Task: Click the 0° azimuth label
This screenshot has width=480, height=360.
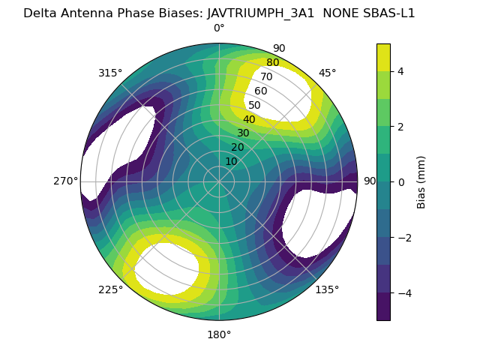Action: coord(219,28)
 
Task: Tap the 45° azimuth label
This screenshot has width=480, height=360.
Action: coord(327,73)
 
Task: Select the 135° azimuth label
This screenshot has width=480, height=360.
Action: coord(327,289)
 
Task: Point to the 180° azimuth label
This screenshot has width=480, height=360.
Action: coord(219,334)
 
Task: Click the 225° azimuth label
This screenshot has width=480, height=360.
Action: coord(110,290)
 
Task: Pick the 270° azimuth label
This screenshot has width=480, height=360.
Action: coord(66,181)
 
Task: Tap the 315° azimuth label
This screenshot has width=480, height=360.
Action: coord(110,73)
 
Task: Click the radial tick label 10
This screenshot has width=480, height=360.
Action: coord(231,161)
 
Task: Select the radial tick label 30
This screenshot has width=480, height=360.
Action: coord(243,133)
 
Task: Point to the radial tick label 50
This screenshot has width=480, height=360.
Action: coord(254,106)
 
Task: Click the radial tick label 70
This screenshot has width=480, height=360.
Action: coord(266,77)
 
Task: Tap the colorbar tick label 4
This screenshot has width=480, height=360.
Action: coord(400,71)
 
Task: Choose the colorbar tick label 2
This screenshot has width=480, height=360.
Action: coord(400,127)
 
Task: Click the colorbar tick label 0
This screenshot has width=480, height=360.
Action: coord(400,182)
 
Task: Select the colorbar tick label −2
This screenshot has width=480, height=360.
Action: coord(403,238)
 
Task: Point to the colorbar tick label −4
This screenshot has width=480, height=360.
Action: coord(403,293)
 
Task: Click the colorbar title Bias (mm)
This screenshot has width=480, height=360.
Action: coord(421,182)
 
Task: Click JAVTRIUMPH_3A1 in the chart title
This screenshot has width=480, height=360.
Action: coord(261,13)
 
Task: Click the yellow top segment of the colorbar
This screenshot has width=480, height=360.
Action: coord(383,57)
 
